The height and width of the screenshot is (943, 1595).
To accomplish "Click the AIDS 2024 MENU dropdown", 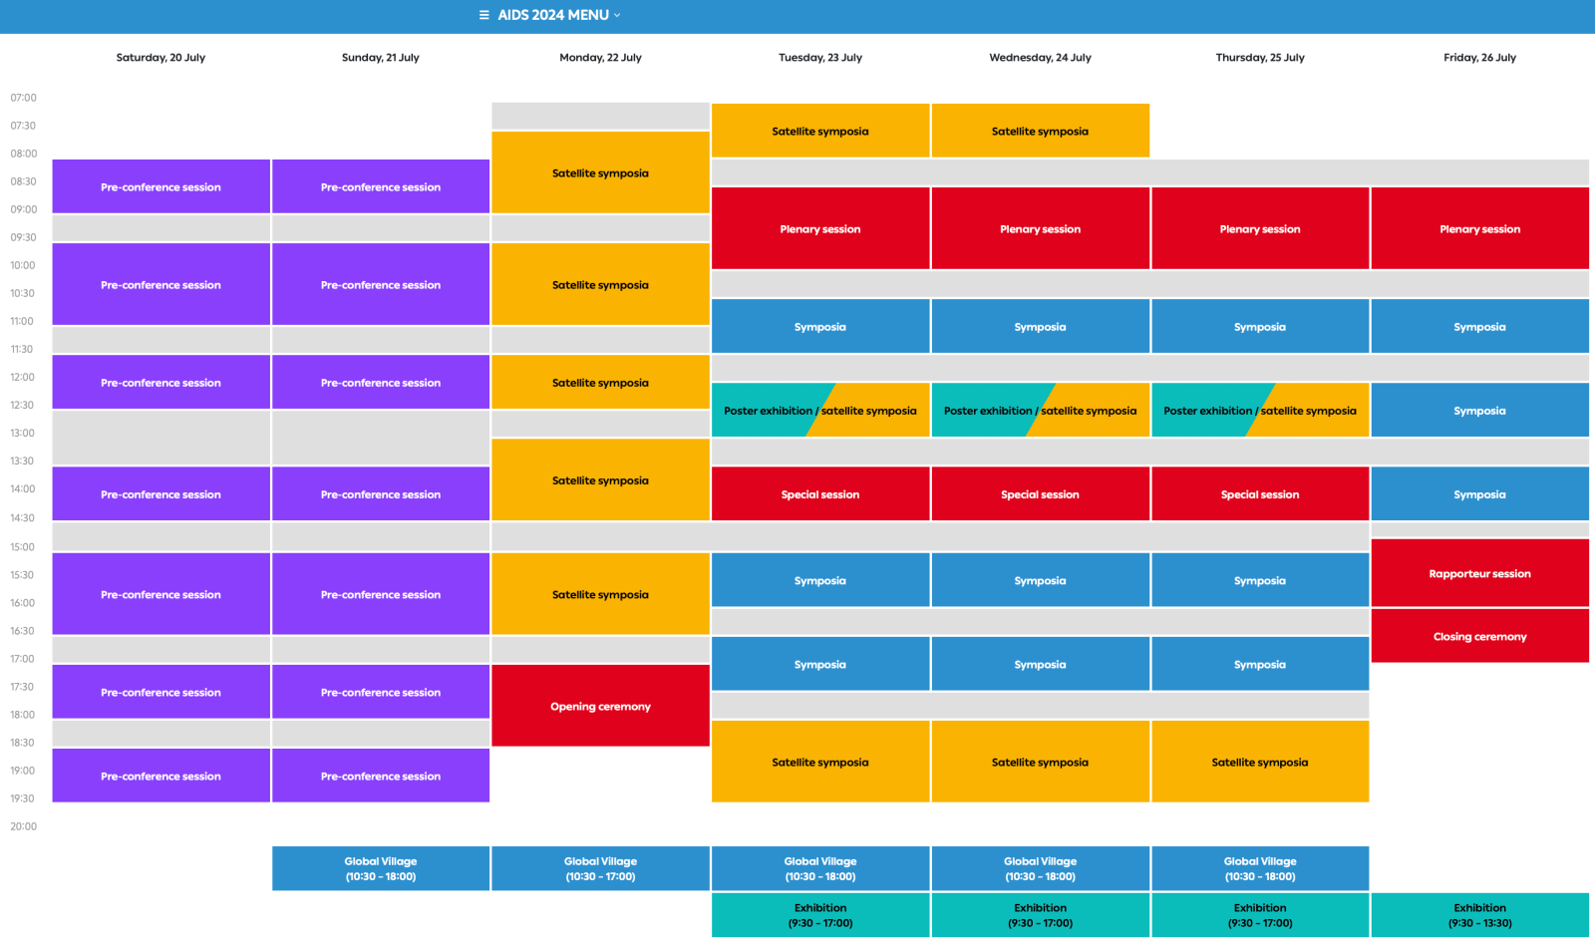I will click(553, 15).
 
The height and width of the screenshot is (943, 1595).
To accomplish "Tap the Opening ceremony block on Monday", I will click(600, 706).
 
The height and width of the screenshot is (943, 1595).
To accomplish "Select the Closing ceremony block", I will click(1479, 636).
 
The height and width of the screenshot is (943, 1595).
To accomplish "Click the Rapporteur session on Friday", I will click(1479, 573).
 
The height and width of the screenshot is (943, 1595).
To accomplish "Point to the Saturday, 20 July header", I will click(160, 58).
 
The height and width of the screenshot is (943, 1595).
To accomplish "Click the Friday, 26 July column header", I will click(1479, 58).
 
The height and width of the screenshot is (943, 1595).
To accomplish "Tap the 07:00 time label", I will click(23, 98).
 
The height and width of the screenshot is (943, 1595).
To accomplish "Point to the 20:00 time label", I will click(23, 826).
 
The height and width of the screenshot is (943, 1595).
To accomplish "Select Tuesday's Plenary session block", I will click(820, 228).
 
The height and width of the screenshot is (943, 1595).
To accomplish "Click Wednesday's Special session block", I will click(1040, 493).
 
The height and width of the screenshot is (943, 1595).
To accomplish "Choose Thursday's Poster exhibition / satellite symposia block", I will click(1260, 410).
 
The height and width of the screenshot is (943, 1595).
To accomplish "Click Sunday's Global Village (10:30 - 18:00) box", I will click(381, 868).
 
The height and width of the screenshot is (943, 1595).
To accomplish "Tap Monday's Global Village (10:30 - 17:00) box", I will click(600, 868).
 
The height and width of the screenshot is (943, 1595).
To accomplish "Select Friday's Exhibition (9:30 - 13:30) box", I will click(1479, 915).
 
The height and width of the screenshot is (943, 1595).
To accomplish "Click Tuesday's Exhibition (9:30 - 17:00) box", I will click(820, 915).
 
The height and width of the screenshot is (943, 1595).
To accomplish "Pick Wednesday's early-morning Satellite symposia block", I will click(1040, 131).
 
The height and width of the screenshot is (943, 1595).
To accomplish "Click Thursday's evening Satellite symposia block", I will click(1260, 762).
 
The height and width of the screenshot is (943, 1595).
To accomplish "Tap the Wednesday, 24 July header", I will click(1040, 58).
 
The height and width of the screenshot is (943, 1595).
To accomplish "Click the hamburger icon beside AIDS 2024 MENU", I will click(484, 15).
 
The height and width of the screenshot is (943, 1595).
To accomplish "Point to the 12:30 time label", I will click(23, 405).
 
